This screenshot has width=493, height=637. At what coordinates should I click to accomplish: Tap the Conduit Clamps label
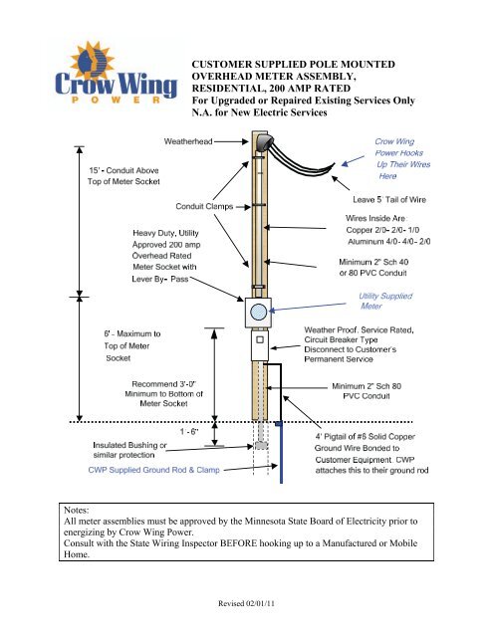coord(203,207)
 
